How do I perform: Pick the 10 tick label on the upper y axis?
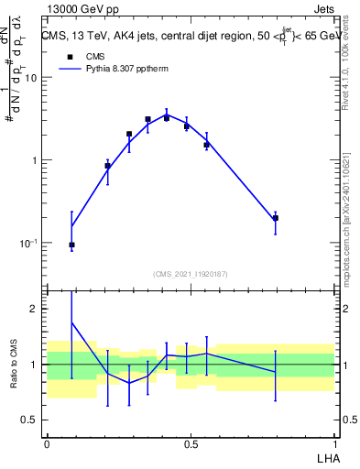[30, 78]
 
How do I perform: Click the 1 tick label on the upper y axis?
[33, 160]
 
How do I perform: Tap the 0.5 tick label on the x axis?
[191, 443]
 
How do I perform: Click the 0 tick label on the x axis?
[47, 443]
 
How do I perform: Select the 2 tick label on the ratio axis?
[33, 309]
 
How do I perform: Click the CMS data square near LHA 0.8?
[276, 218]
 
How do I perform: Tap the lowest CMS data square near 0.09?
[71, 245]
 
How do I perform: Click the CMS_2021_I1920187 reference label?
[191, 274]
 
